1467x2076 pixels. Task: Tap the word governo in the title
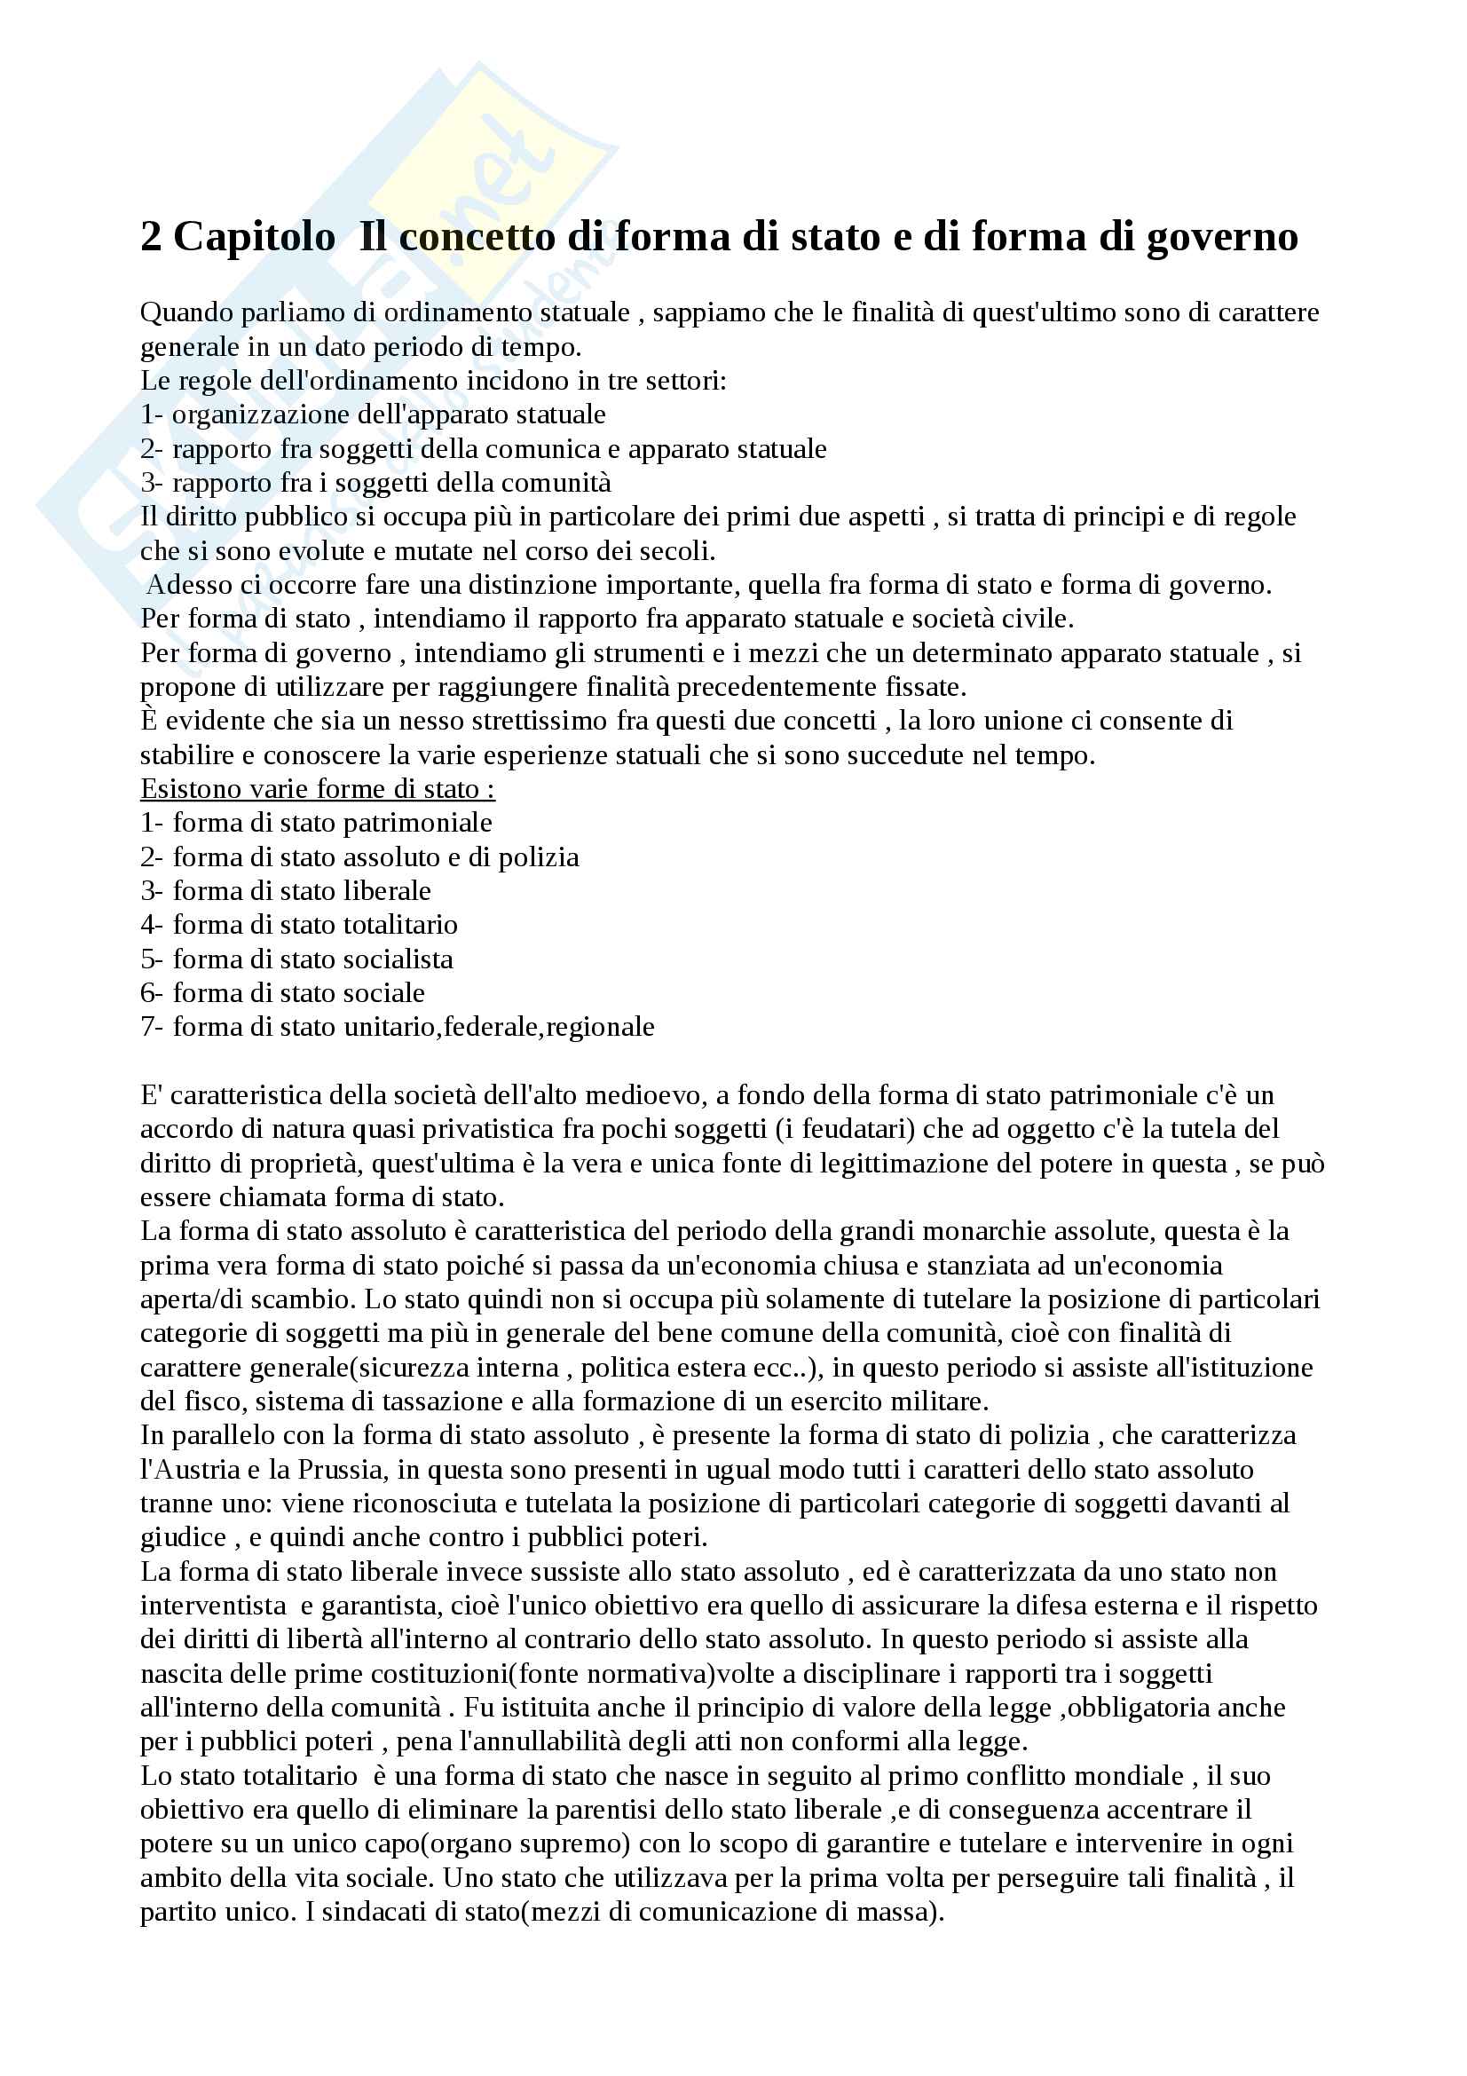point(1222,238)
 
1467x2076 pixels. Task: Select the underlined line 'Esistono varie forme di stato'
point(317,789)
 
